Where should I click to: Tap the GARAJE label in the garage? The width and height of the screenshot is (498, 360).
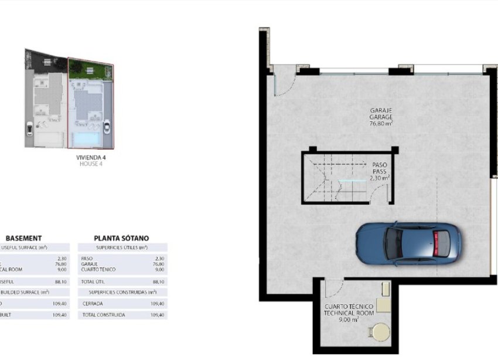click(380, 110)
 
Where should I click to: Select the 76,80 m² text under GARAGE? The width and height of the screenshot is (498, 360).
click(381, 124)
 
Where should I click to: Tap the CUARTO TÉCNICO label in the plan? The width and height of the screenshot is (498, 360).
click(349, 307)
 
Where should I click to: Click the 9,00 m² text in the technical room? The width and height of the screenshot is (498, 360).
click(349, 320)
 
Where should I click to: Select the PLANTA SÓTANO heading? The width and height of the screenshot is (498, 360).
click(121, 238)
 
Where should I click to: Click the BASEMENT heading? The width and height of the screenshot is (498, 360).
click(23, 238)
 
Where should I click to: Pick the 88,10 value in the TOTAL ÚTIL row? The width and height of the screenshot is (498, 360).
click(158, 281)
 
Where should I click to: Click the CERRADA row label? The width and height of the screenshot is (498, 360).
click(92, 304)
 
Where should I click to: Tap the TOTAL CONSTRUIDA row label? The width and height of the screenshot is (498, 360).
click(104, 315)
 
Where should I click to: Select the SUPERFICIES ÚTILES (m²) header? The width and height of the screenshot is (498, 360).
click(122, 248)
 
